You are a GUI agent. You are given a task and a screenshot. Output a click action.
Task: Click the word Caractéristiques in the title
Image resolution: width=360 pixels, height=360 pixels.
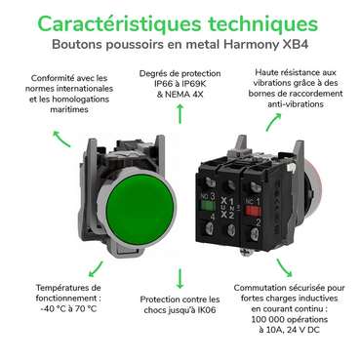[119, 23]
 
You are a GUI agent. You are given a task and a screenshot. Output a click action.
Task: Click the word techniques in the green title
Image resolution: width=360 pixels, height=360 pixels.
[262, 24]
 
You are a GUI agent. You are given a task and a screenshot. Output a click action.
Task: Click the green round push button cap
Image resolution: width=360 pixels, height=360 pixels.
[140, 209]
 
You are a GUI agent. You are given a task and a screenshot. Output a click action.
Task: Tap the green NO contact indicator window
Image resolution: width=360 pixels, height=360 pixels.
[208, 206]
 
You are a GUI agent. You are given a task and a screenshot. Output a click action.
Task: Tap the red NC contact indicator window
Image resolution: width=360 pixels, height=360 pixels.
[253, 211]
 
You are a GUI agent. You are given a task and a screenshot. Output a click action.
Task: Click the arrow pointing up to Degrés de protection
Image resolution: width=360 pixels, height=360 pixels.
[180, 114]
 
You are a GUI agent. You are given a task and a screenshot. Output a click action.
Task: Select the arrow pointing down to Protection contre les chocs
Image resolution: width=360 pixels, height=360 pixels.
[180, 279]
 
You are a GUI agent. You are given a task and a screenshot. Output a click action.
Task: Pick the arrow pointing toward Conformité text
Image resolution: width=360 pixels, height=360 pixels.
[61, 139]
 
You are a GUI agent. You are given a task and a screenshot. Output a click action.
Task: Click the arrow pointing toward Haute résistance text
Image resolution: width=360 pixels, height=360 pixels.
[273, 122]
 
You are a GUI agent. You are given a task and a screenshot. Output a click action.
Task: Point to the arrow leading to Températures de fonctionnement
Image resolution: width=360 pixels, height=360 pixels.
[96, 269]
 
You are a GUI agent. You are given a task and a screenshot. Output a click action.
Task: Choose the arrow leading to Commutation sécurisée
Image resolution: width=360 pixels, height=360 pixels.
[284, 268]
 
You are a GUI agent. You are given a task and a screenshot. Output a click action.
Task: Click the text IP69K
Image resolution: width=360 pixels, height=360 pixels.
[194, 84]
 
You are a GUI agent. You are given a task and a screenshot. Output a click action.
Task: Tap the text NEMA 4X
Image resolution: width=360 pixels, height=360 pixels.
[184, 95]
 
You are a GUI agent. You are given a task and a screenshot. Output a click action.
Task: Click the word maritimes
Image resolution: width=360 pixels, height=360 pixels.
[69, 109]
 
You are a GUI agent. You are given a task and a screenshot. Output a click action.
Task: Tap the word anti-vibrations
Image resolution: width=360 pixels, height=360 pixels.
[296, 104]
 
